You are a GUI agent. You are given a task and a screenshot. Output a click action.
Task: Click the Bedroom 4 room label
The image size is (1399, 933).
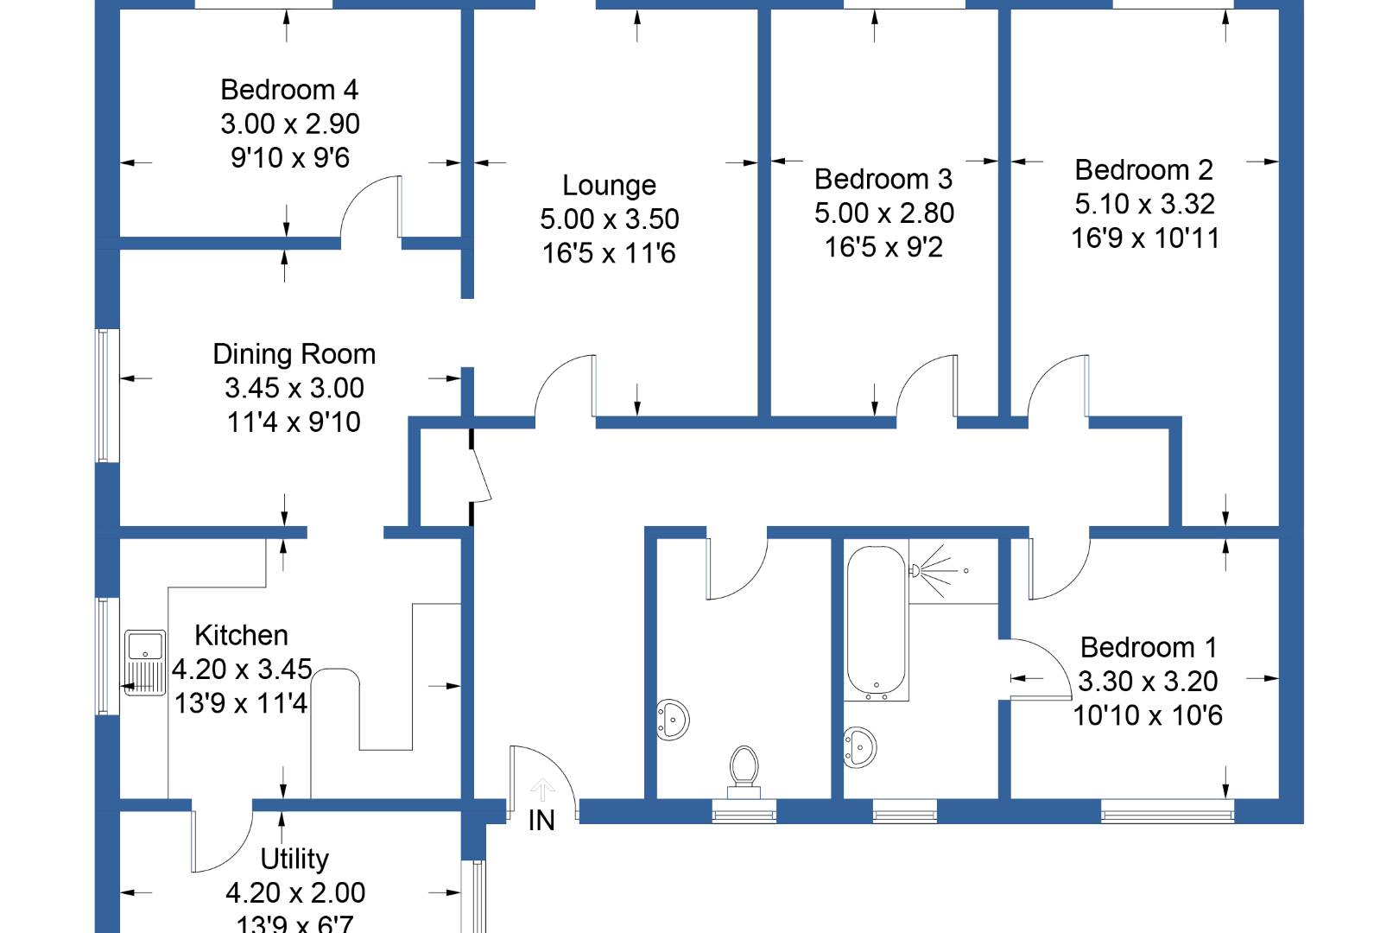pos(289,90)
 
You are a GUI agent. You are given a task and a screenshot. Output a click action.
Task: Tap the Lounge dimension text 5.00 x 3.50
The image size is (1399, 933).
pos(610,219)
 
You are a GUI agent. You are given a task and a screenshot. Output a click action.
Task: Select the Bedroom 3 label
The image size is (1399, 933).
pos(883,180)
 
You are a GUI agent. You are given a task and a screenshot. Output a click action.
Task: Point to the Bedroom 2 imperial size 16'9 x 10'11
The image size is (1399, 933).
pos(1145,238)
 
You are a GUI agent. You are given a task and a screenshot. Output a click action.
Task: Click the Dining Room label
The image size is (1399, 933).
pos(294,354)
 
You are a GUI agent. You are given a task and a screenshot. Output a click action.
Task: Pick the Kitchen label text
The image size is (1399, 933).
pos(241,636)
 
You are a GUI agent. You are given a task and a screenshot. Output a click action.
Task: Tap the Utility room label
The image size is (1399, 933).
pos(294,859)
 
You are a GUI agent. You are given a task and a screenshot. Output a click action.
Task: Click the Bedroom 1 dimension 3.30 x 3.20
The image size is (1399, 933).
pos(1148,682)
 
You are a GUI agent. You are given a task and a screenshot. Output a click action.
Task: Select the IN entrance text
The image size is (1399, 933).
pos(541,821)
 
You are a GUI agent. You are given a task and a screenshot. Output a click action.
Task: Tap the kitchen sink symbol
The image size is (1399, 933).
pos(145,663)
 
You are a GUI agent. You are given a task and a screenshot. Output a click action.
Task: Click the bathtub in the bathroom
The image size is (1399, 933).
pos(877,620)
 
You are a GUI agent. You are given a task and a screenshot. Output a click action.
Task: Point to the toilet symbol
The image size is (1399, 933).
pos(744,771)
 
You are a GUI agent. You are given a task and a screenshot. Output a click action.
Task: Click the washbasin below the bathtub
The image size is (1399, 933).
pos(860,746)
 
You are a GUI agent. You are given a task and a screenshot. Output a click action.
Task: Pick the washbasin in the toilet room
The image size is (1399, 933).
pos(674,719)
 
